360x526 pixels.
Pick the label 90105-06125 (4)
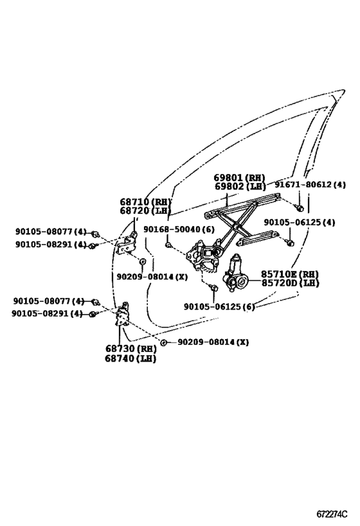[x=299, y=222]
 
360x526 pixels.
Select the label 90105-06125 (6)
[x=219, y=307]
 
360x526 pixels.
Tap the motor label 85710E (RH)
[x=289, y=274]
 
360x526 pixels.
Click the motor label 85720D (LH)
[x=289, y=283]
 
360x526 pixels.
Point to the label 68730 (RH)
[x=131, y=349]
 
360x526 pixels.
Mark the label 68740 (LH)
[x=131, y=358]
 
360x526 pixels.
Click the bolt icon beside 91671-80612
[x=300, y=207]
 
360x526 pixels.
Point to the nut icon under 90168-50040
[x=168, y=245]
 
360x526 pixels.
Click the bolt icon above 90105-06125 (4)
[x=289, y=243]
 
